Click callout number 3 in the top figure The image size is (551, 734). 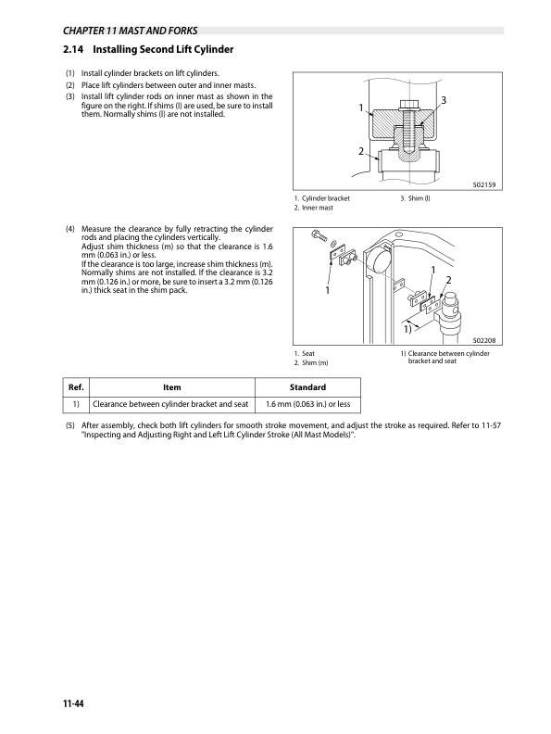click(x=445, y=99)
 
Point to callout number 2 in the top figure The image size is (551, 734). click(x=360, y=151)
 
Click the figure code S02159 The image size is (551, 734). click(x=484, y=185)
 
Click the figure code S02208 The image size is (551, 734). click(x=484, y=342)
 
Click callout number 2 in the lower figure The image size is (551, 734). click(x=448, y=280)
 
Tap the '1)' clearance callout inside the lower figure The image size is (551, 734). click(x=407, y=328)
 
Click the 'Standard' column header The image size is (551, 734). click(x=306, y=388)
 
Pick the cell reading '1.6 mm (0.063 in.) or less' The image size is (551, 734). click(x=306, y=404)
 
